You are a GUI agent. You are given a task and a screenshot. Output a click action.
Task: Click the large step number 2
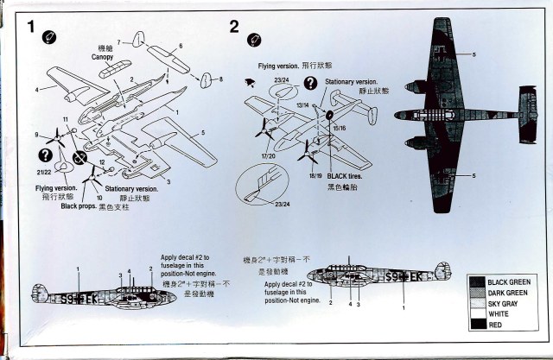coord(234,26)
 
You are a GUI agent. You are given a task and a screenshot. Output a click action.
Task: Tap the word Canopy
coord(103,59)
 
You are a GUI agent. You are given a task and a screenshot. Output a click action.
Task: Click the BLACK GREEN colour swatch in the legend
coord(476,281)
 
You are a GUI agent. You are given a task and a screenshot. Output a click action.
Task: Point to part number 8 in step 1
coord(220,79)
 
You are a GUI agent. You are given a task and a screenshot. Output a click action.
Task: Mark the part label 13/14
coord(302,104)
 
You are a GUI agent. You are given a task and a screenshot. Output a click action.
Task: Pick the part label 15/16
coord(340,128)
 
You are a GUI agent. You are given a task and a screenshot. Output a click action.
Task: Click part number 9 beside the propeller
coord(37,135)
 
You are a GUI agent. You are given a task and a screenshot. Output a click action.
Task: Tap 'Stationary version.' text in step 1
coord(131,188)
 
